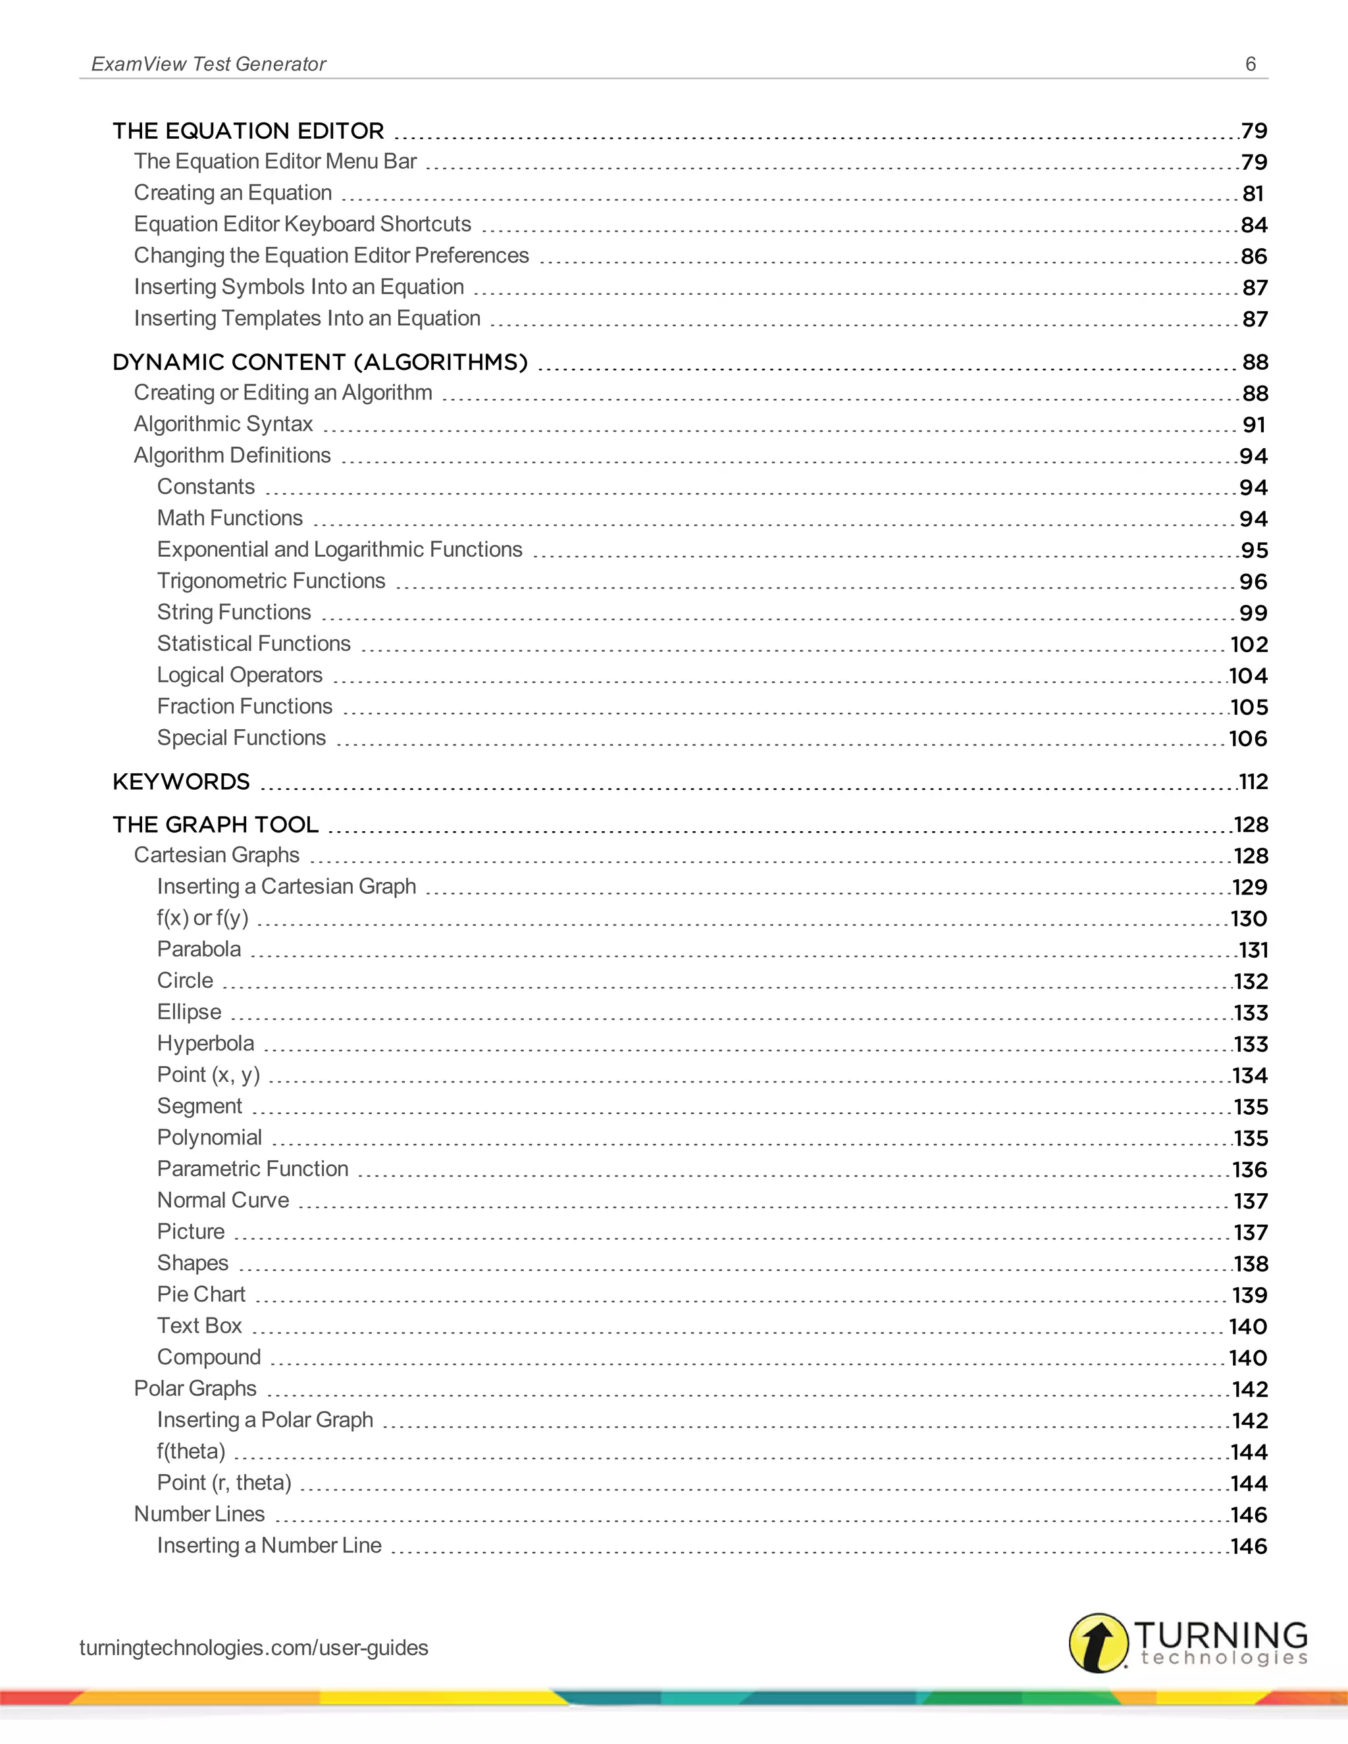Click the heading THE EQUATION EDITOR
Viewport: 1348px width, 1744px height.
click(x=248, y=130)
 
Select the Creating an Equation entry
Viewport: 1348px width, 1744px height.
click(x=232, y=193)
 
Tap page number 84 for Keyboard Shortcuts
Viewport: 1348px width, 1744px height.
click(x=1253, y=225)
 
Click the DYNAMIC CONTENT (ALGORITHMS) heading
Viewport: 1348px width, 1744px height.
click(x=321, y=362)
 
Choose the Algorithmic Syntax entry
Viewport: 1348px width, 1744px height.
click(x=223, y=424)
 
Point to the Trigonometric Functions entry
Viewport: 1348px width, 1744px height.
click(x=271, y=580)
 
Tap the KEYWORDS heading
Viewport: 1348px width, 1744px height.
click(x=181, y=782)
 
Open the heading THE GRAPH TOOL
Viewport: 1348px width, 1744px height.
click(x=216, y=824)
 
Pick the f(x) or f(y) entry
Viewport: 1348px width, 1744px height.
click(x=203, y=917)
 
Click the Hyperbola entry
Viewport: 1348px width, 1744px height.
click(x=205, y=1043)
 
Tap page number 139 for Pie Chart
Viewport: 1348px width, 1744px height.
click(x=1250, y=1295)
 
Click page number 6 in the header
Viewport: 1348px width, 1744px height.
click(x=1251, y=64)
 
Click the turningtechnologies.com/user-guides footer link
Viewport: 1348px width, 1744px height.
click(x=254, y=1647)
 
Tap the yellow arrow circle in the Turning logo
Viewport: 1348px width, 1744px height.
click(x=1098, y=1643)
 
